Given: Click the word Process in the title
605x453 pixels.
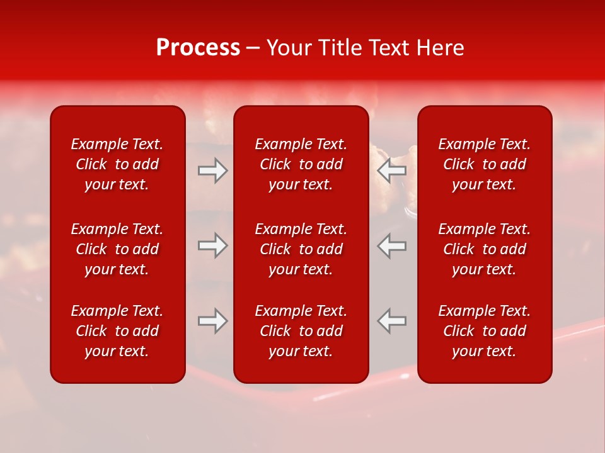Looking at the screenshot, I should pos(198,48).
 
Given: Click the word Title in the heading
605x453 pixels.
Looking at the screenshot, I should pos(340,48).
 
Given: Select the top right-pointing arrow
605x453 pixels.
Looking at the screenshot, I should pos(212,171).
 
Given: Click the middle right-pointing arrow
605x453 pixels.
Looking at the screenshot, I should pos(212,246).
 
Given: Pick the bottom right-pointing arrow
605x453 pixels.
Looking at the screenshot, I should pos(212,321).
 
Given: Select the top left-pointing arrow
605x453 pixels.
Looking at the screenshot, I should pos(392,171).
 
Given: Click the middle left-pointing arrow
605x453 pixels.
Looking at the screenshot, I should pos(392,246).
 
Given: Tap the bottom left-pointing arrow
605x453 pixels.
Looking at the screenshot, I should pos(392,321).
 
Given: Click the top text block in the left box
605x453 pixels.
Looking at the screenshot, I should pos(117,164).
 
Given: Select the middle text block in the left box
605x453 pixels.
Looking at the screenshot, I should pos(117,249).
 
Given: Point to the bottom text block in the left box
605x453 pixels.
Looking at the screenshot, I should pos(117,331).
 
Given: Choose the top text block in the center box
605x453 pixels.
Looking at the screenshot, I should pos(301,164).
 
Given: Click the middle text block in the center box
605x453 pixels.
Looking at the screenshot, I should pos(301,249).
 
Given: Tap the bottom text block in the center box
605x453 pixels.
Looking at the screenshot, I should pos(301,331).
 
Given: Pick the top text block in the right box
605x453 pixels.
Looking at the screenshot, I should pos(485,164).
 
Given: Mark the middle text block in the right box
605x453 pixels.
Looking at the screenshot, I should pos(485,249).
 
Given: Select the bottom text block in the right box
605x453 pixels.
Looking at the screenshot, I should pos(485,331).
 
